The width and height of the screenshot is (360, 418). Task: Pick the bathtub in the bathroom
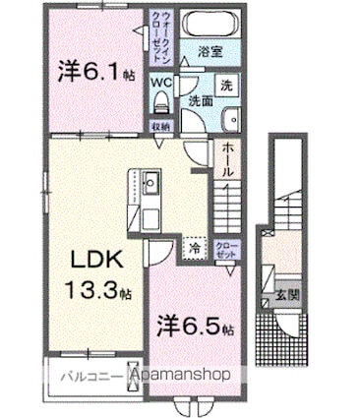coord(210,27)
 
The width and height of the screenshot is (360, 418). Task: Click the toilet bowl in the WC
coord(160,102)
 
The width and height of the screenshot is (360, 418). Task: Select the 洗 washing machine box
coord(227,84)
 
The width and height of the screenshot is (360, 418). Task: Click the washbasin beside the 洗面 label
coord(232,120)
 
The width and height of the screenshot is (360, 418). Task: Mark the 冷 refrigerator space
coord(195,249)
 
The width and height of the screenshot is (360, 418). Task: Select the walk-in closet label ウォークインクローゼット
coord(160,37)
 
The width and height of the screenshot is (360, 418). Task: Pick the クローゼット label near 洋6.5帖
coord(225,248)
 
